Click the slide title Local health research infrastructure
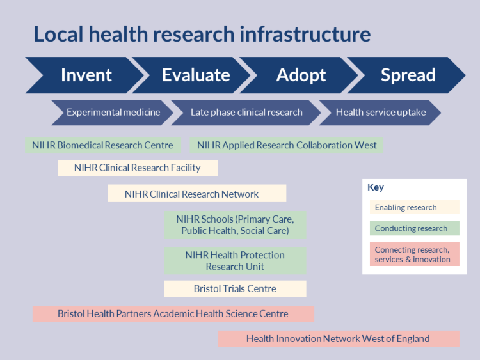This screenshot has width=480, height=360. pyautogui.click(x=202, y=34)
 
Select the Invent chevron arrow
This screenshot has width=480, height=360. pyautogui.click(x=86, y=75)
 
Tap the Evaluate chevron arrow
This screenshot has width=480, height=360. pyautogui.click(x=195, y=75)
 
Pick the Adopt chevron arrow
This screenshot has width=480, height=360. pyautogui.click(x=301, y=75)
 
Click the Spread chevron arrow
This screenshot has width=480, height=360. pyautogui.click(x=408, y=75)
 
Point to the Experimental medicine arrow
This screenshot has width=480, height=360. pyautogui.click(x=113, y=113)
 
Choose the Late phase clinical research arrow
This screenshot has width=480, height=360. pyautogui.click(x=246, y=113)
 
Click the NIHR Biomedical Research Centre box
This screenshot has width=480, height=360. pyautogui.click(x=102, y=145)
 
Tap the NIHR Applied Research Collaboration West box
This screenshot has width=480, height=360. pyautogui.click(x=287, y=145)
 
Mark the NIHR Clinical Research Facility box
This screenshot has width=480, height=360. pyautogui.click(x=138, y=168)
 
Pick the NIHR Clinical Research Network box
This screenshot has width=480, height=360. pyautogui.click(x=196, y=194)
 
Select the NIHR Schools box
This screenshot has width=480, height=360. pyautogui.click(x=235, y=225)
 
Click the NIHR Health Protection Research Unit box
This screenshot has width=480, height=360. pyautogui.click(x=235, y=261)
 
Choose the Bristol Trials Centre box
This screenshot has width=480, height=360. pyautogui.click(x=235, y=289)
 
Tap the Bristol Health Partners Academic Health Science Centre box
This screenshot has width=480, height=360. pyautogui.click(x=173, y=314)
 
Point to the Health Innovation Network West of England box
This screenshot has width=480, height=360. pyautogui.click(x=338, y=339)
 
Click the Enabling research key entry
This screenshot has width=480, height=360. pyautogui.click(x=414, y=207)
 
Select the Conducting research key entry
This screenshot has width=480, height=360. pyautogui.click(x=414, y=228)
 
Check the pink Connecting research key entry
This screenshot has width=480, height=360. pyautogui.click(x=414, y=254)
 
